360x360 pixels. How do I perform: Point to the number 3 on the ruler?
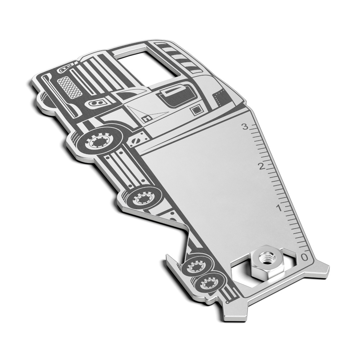[245, 127]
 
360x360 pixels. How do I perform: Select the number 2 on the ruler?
[261, 166]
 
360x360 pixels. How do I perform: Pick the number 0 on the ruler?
[305, 257]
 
